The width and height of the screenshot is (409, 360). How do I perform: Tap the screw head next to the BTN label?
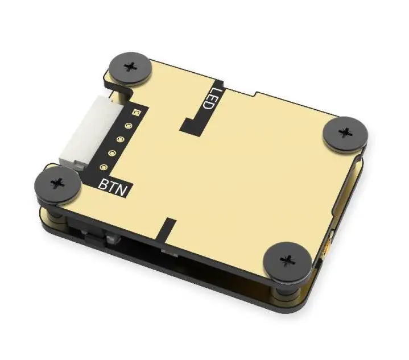57,183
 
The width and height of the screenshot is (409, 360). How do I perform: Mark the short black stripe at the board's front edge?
167,229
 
